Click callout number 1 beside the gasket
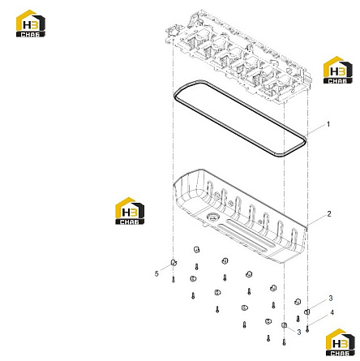[328, 124]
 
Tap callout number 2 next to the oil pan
[329, 214]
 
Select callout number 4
[332, 312]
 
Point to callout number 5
[156, 273]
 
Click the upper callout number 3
[331, 299]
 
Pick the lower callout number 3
[299, 332]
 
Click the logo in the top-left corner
[31, 24]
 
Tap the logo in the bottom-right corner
[341, 342]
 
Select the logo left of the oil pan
[130, 211]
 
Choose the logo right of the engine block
[338, 70]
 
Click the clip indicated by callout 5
[174, 262]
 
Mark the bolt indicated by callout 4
[307, 329]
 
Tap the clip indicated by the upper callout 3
[307, 312]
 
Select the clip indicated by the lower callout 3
[284, 324]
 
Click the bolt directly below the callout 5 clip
[174, 280]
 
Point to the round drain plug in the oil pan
[212, 217]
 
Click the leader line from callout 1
[315, 131]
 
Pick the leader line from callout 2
[317, 220]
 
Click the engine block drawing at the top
[239, 57]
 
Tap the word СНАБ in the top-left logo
[30, 34]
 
